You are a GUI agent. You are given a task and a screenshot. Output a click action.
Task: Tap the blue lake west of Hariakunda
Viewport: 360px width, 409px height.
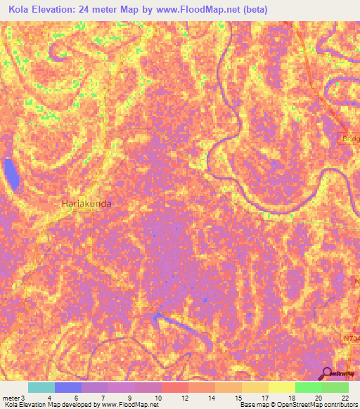coord(11,174)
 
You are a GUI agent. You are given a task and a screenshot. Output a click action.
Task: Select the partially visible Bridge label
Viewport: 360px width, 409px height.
coord(349,139)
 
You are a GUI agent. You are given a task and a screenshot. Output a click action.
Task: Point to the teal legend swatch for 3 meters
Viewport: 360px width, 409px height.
coord(41,387)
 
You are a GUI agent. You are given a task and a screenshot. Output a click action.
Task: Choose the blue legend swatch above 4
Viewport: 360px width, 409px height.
coord(68,387)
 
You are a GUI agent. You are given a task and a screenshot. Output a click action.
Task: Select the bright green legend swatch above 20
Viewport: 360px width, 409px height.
coord(309,387)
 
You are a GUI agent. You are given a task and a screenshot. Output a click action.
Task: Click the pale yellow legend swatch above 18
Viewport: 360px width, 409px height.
coord(282,387)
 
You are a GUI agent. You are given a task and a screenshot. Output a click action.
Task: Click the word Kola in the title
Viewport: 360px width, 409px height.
coord(21,10)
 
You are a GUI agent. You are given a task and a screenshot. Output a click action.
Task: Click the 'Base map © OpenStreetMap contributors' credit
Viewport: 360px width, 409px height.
coord(297,405)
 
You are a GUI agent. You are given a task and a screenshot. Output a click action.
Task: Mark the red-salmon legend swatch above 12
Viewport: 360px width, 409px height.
coord(175,387)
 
